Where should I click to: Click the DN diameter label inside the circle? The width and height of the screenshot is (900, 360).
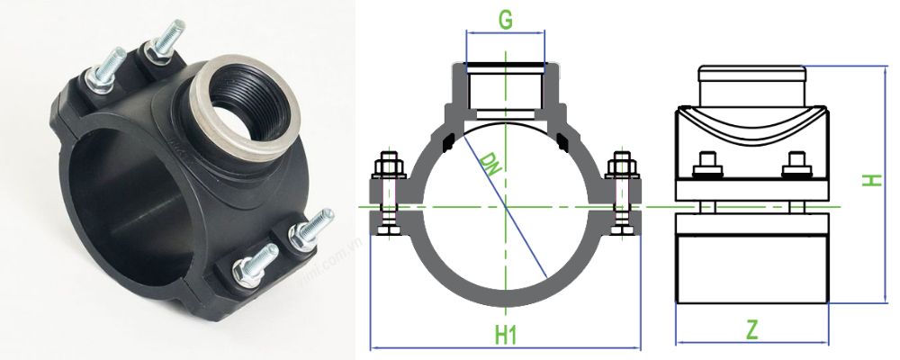491,165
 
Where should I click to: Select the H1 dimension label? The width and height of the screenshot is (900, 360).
506,335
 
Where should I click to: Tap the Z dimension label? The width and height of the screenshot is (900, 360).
751,329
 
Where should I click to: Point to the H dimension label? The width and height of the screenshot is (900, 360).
870,180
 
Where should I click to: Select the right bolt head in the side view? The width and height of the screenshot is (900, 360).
794,166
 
